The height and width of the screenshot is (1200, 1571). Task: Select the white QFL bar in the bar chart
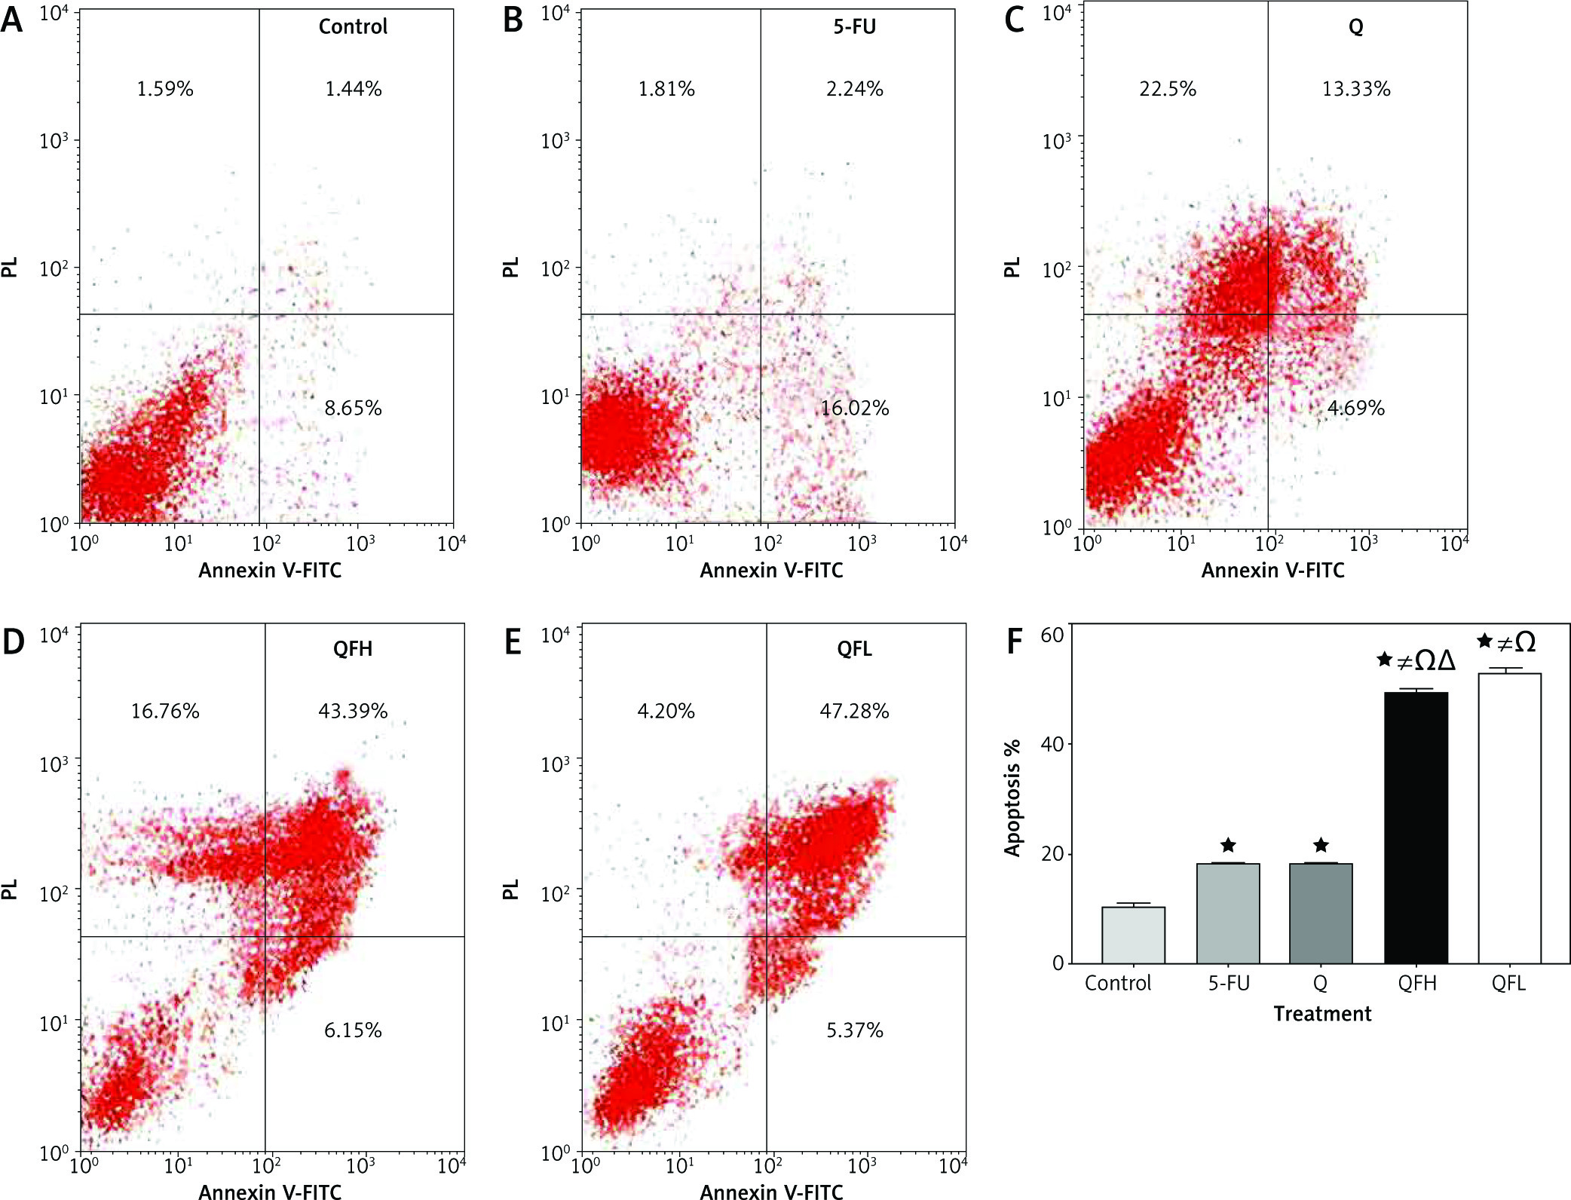pos(1509,818)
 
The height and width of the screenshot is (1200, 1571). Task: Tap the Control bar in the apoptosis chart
pos(1133,935)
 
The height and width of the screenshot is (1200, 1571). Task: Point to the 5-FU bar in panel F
pos(1228,913)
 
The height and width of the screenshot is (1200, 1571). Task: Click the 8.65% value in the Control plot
pos(353,408)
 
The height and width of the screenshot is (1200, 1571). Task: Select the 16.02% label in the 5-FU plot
pos(854,408)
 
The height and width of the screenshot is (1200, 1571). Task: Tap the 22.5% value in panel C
pos(1167,89)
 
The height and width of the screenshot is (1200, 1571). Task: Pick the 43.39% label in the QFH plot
pos(353,711)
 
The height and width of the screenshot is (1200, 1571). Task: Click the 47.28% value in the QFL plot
pos(854,711)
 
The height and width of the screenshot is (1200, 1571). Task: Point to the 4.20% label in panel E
pos(666,711)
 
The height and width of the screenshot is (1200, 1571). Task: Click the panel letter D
pos(13,642)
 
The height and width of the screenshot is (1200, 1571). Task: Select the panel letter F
pos(1015,642)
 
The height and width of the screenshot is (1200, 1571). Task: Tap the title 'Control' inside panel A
pos(353,26)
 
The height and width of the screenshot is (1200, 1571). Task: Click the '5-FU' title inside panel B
pos(854,26)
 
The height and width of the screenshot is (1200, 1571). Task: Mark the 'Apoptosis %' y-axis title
pos(1012,797)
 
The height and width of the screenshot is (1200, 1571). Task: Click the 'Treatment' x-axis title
pos(1322,1014)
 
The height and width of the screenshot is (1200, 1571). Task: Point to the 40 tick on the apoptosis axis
pos(1052,744)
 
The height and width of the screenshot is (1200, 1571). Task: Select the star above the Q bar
pos(1321,845)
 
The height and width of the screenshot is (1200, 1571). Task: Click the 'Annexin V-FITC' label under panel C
pos(1272,571)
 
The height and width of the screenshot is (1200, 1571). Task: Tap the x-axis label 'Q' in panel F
pos(1320,984)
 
